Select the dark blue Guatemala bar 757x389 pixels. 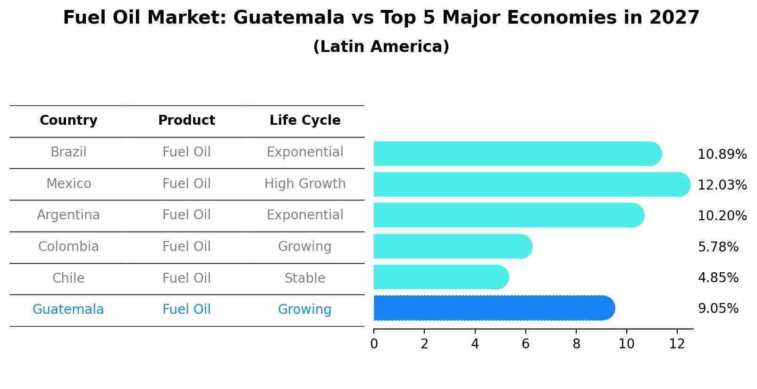point(493,308)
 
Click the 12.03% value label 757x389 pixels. point(722,185)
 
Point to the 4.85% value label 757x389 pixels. point(718,277)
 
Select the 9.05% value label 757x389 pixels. point(718,309)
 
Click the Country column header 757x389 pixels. point(68,121)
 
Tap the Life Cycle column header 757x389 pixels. point(305,121)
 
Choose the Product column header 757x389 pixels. point(186,121)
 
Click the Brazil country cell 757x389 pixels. point(68,152)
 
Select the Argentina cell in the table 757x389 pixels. point(68,215)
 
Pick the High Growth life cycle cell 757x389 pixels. point(305,183)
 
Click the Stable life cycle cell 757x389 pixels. point(305,278)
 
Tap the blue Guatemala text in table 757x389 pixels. point(68,310)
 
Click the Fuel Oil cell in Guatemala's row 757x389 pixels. point(186,310)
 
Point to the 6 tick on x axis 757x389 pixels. point(525,344)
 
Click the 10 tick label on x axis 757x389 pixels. point(626,344)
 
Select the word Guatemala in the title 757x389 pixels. point(288,18)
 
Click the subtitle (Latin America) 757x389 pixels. point(381,47)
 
